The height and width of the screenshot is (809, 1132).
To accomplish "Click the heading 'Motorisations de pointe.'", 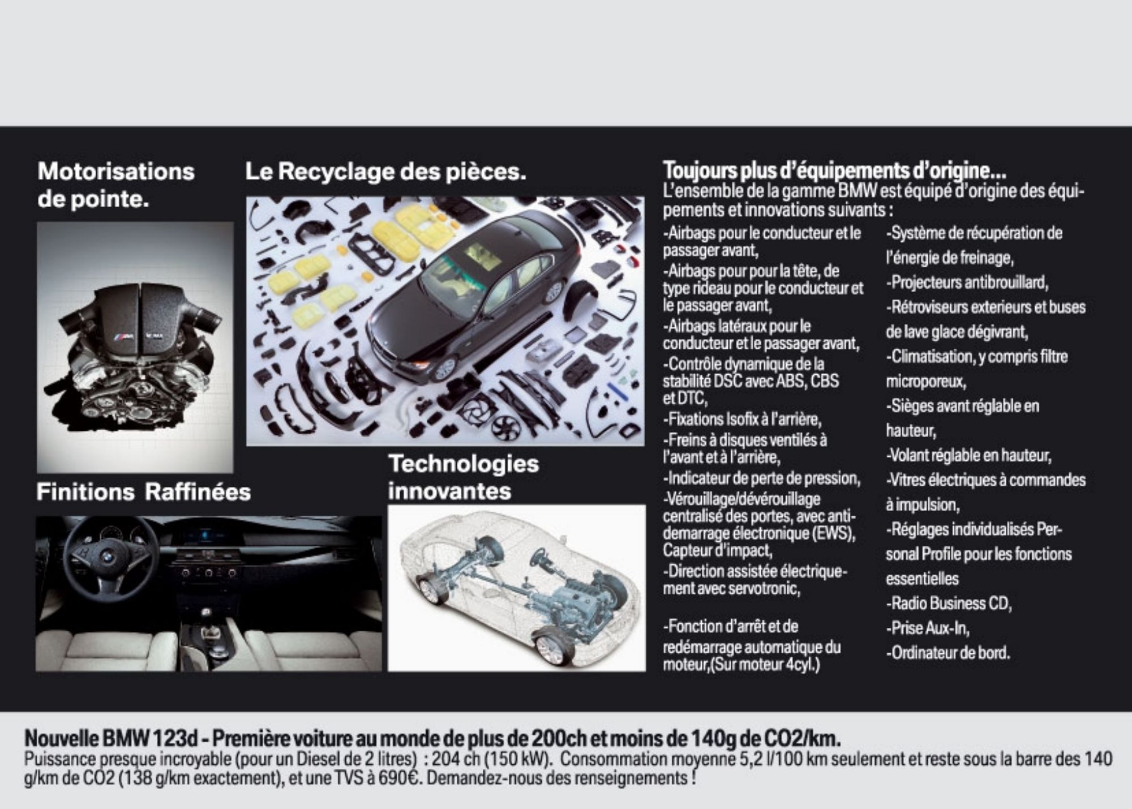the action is (116, 185).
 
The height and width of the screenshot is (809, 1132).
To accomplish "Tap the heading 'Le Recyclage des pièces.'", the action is (385, 171).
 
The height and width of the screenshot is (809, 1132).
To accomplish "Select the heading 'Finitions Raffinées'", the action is (144, 492).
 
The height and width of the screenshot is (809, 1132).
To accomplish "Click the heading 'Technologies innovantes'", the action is (464, 477).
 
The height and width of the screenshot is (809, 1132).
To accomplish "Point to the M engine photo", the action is (135, 348).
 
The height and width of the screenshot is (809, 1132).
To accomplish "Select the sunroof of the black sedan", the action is (483, 256).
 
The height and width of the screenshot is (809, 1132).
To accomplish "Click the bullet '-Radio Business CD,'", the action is (949, 603).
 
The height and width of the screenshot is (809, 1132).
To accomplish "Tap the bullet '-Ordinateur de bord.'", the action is (948, 653).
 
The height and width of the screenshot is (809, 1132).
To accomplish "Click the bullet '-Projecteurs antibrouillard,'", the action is (967, 282).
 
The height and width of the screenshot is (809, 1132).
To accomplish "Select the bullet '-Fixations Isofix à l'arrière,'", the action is (742, 420).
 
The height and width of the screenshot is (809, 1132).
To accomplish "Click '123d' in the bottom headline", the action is (174, 739).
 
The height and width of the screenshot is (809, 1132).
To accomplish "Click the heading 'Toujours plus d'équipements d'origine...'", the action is (834, 170).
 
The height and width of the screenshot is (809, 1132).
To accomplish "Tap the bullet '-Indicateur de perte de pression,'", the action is (762, 479).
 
